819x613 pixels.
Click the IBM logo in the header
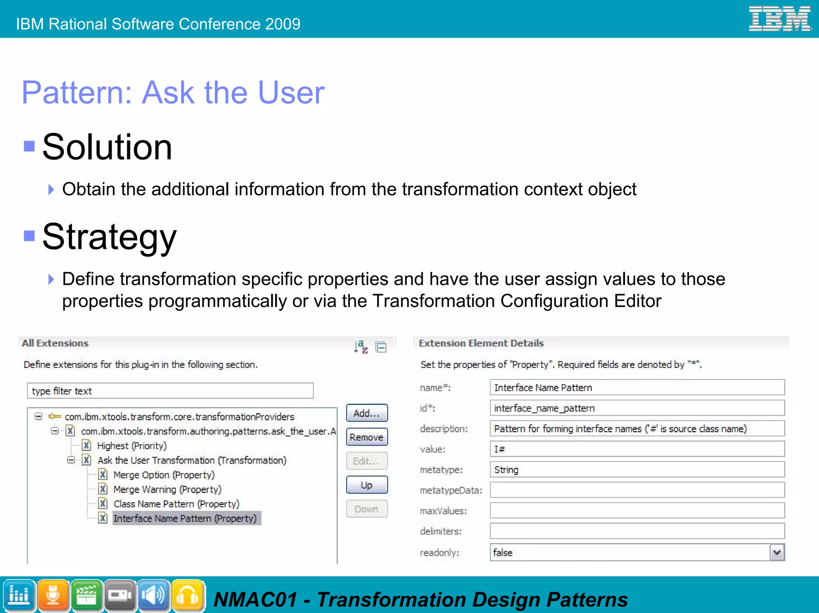[779, 19]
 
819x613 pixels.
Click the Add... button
[366, 413]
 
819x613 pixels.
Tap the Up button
[366, 485]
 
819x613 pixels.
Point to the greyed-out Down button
[366, 509]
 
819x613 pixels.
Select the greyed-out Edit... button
[366, 461]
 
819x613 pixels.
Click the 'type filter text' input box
[170, 391]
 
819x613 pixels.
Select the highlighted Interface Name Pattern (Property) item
[185, 519]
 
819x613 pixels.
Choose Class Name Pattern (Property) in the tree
[176, 504]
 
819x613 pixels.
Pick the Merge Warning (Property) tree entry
[167, 490]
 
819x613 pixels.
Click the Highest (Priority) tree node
[132, 446]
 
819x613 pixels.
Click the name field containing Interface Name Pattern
[637, 388]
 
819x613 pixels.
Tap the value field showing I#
[637, 449]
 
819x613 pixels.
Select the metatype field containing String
[637, 470]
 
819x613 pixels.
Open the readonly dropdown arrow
[777, 553]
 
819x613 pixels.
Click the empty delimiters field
[637, 531]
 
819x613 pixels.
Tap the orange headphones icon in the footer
[188, 595]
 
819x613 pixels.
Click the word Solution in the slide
[107, 147]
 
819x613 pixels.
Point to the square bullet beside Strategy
[29, 236]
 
